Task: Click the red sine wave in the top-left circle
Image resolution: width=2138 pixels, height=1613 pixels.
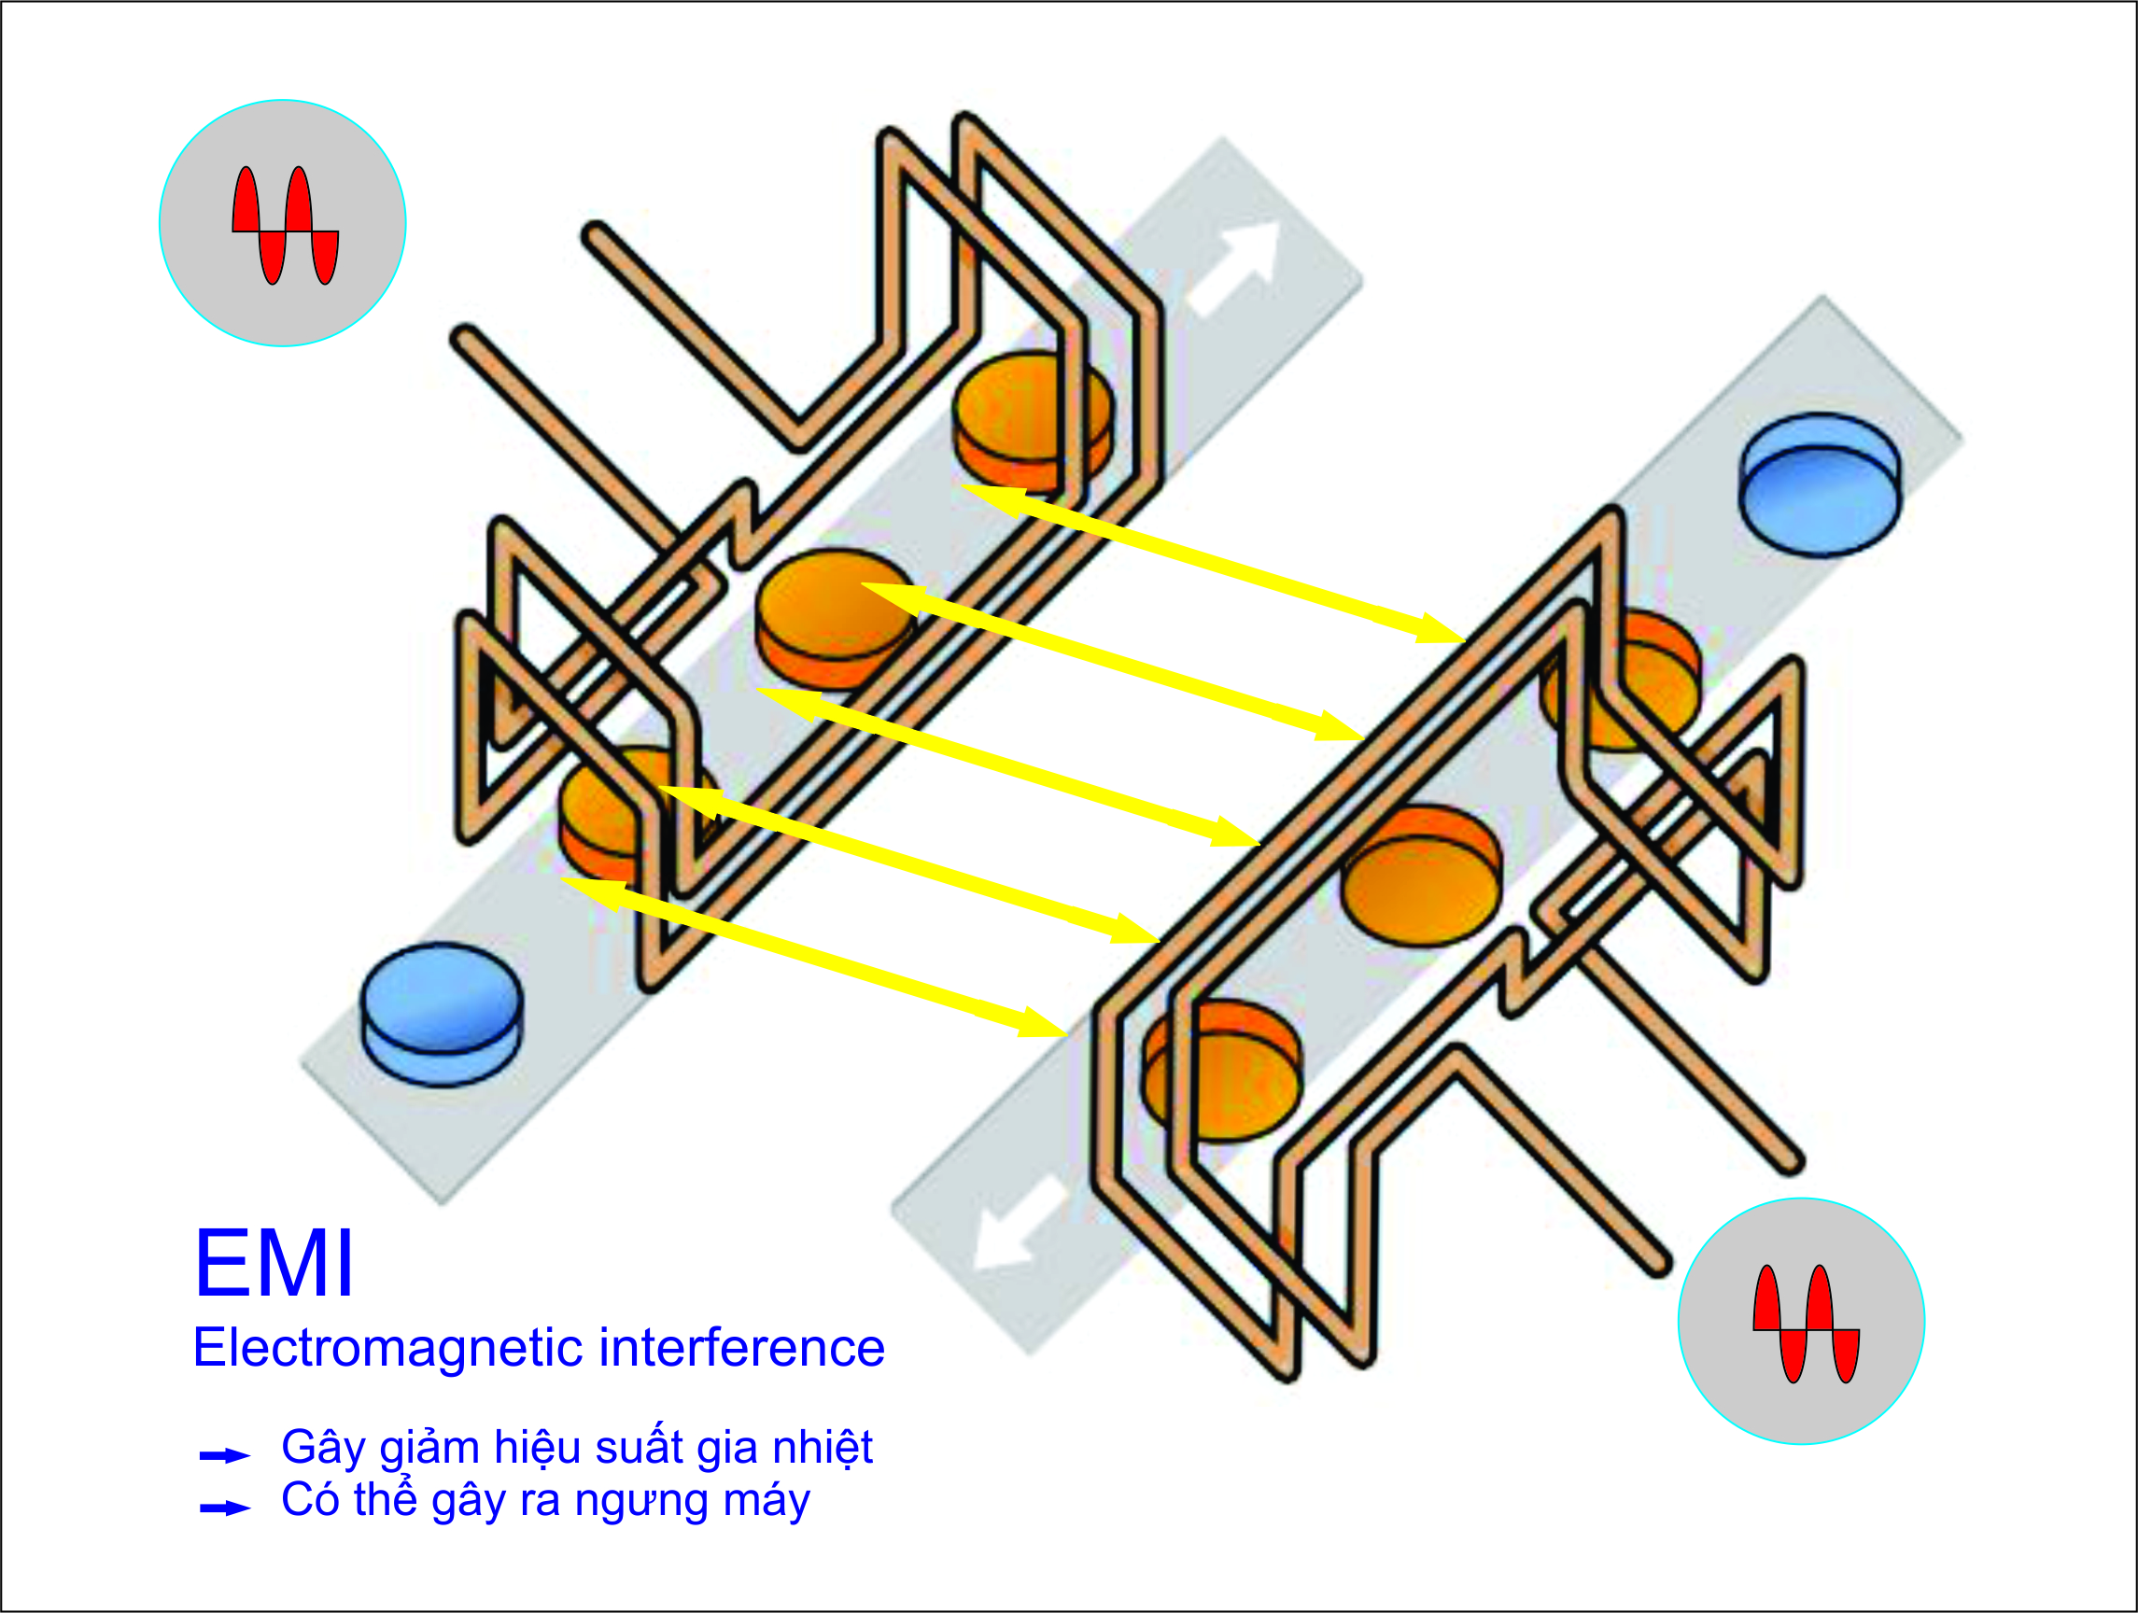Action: click(285, 226)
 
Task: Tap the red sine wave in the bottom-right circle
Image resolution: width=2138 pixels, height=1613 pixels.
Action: click(1807, 1324)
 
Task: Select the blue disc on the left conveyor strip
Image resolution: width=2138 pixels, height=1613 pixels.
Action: click(442, 1014)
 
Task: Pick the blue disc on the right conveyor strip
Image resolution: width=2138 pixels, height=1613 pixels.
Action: click(1820, 484)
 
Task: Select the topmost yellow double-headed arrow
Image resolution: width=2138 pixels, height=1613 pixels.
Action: click(1214, 564)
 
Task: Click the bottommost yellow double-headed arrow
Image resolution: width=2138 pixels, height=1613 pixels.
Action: click(814, 957)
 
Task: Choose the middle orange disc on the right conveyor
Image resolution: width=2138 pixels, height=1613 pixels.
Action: click(1421, 876)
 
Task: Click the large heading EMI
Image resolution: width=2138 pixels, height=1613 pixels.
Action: click(274, 1263)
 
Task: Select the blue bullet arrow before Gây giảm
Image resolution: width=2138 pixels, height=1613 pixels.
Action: click(225, 1455)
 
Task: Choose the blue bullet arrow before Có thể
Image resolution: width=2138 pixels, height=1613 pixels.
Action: click(225, 1508)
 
